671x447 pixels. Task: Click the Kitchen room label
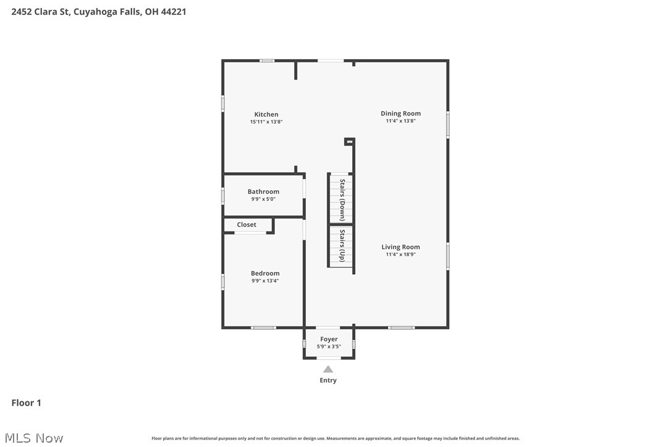point(266,114)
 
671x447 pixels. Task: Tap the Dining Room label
point(400,113)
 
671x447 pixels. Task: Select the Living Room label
point(400,247)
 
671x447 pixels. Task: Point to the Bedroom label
point(265,274)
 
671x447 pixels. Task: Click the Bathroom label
point(263,191)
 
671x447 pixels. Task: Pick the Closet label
point(247,225)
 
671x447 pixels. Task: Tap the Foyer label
point(329,339)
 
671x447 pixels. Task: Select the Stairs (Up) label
point(342,246)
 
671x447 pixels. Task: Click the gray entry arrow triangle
point(328,369)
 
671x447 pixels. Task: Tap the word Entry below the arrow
point(328,380)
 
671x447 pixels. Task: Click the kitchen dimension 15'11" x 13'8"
point(266,122)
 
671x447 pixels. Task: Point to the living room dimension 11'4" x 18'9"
point(400,254)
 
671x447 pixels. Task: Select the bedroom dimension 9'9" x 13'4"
point(265,281)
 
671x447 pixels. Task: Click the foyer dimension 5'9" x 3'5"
point(329,346)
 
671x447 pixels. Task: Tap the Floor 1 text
point(27,403)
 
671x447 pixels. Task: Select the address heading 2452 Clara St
point(99,11)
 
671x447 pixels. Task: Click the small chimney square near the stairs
point(349,141)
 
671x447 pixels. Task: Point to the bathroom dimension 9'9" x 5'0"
point(263,199)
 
